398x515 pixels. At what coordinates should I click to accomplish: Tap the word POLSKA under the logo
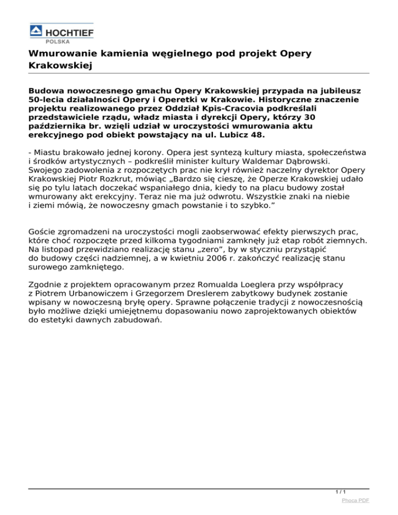(x=60, y=40)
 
